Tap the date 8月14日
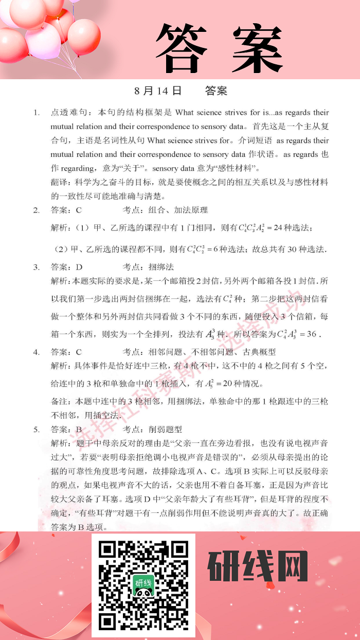click(158, 91)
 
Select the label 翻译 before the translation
click(60, 182)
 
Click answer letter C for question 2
click(79, 210)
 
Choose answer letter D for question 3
click(79, 267)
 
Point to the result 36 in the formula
click(311, 334)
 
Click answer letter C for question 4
click(79, 352)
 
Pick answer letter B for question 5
click(79, 429)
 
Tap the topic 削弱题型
click(165, 429)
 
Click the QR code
click(143, 585)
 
